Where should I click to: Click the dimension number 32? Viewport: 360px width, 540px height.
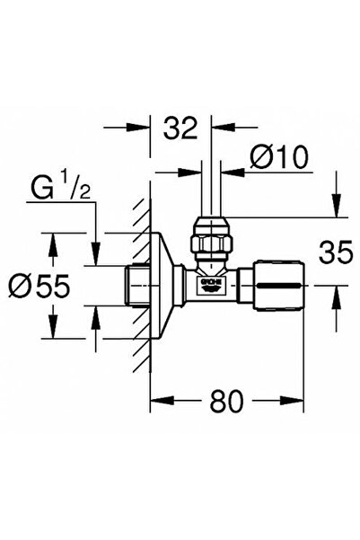180,129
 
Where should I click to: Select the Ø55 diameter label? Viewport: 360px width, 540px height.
40,288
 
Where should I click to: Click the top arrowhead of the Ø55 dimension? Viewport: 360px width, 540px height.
53,238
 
